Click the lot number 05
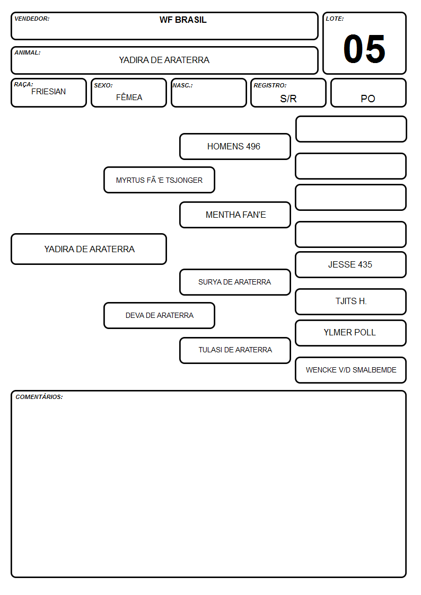pyautogui.click(x=364, y=49)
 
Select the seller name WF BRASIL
pyautogui.click(x=183, y=20)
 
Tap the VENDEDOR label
pyautogui.click(x=32, y=19)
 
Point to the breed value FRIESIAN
pyautogui.click(x=49, y=92)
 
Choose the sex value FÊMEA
pyautogui.click(x=129, y=97)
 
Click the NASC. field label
pyautogui.click(x=182, y=85)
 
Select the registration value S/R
pyautogui.click(x=288, y=99)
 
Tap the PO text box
pyautogui.click(x=368, y=93)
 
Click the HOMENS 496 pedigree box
pyautogui.click(x=235, y=146)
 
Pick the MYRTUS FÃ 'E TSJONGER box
pyautogui.click(x=160, y=180)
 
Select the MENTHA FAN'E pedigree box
pyautogui.click(x=235, y=215)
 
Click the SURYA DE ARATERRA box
pyautogui.click(x=235, y=282)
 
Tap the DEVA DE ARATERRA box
pyautogui.click(x=160, y=315)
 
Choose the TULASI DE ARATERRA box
pyautogui.click(x=235, y=350)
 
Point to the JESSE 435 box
pyautogui.click(x=351, y=264)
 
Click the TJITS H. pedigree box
pyautogui.click(x=351, y=301)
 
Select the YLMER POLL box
pyautogui.click(x=351, y=333)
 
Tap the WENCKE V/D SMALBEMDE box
pyautogui.click(x=351, y=370)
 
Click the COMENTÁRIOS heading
pyautogui.click(x=39, y=397)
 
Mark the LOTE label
pyautogui.click(x=335, y=19)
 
